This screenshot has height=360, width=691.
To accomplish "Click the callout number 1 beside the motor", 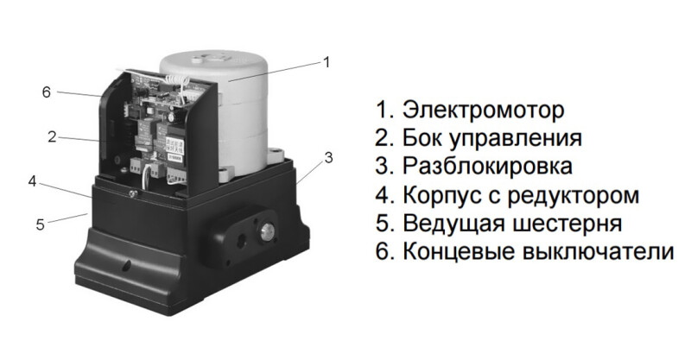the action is (326, 62).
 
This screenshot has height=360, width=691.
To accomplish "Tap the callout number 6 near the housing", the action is (47, 92).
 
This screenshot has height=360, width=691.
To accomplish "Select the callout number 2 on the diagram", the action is (52, 137).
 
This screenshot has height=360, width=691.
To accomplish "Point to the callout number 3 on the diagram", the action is (328, 158).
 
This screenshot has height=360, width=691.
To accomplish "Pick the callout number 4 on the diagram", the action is (32, 181).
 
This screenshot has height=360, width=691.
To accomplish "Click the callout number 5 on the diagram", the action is (41, 224).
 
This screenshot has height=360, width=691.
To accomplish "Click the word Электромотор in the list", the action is (483, 110).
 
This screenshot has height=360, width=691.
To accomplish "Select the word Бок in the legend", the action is (423, 138).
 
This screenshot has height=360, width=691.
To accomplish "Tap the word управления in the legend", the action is (516, 139).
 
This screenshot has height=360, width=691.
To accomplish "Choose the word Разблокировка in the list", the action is (487, 166).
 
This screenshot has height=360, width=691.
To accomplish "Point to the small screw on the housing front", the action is (132, 192).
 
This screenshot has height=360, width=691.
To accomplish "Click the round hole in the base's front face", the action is (126, 265).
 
